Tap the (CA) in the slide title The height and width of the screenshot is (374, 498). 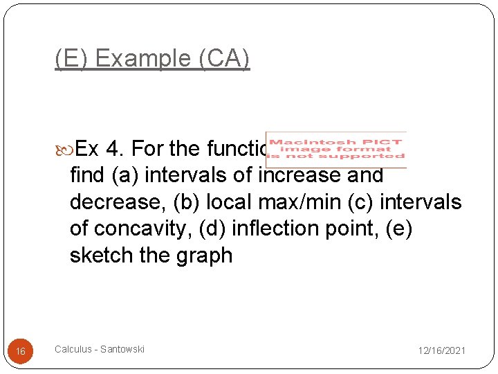(223, 59)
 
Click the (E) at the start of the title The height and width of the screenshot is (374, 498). (72, 59)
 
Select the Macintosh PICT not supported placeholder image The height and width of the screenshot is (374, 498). (336, 149)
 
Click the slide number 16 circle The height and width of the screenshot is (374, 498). (21, 351)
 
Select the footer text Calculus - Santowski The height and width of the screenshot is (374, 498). (100, 350)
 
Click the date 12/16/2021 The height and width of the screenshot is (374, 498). (441, 351)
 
